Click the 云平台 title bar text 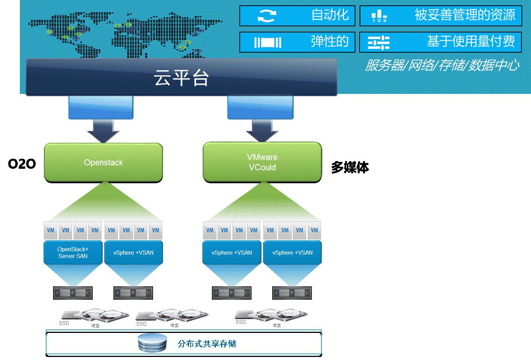coord(181,77)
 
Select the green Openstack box coord(103,163)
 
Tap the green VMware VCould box coord(262,162)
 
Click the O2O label coord(22,164)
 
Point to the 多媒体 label coord(350,167)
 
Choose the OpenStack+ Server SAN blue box coord(73,252)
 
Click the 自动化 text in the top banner coord(330,15)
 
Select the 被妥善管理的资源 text coord(465,15)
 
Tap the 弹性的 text coord(329,41)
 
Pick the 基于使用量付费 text coord(471,41)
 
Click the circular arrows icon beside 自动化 coord(266,16)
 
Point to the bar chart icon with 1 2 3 coord(379,16)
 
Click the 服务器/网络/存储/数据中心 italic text coord(442,66)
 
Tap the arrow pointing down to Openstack coord(103,131)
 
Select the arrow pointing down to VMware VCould coord(262,131)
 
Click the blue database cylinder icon coord(152,343)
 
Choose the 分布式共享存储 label coord(207,344)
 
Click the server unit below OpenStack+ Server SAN coord(73,293)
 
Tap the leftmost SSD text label coord(64,323)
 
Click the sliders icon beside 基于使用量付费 coord(378,42)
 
